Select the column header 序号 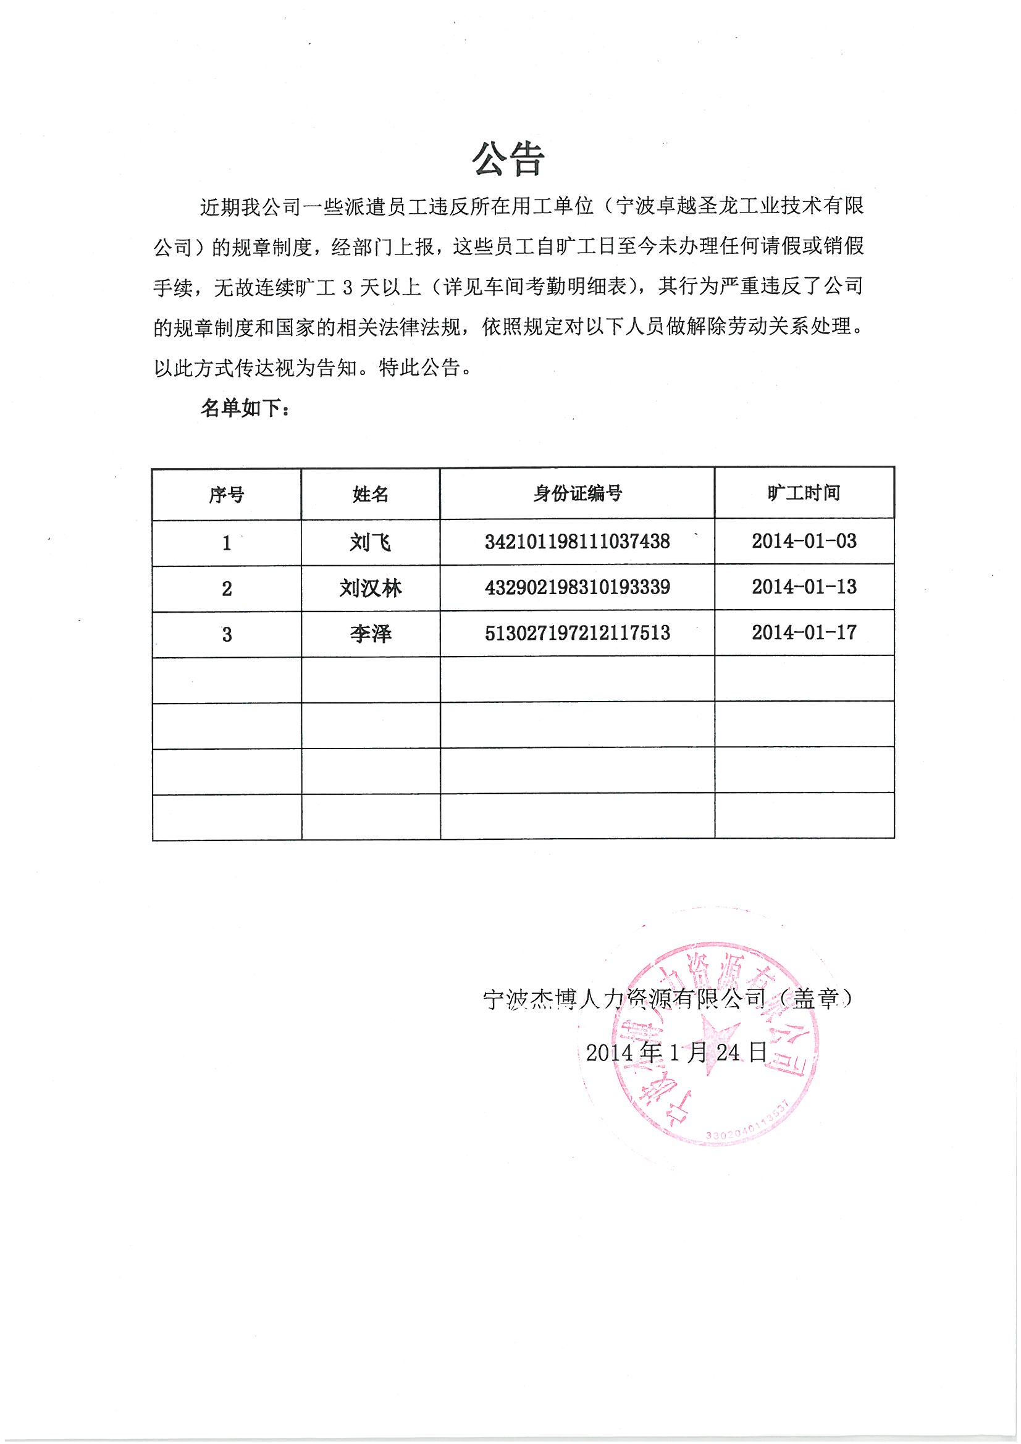tap(227, 495)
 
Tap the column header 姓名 tap(371, 494)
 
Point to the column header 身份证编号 tap(577, 493)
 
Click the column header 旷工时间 tap(804, 493)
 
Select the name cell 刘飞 tap(371, 542)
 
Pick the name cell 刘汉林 tap(371, 588)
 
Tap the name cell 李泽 tap(371, 633)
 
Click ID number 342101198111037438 tap(577, 541)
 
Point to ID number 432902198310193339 tap(577, 587)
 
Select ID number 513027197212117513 tap(577, 632)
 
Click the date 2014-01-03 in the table tap(804, 541)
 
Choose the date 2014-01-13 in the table tap(804, 587)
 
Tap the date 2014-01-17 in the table tap(804, 632)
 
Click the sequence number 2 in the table tap(227, 589)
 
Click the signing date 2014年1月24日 tap(676, 1052)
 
